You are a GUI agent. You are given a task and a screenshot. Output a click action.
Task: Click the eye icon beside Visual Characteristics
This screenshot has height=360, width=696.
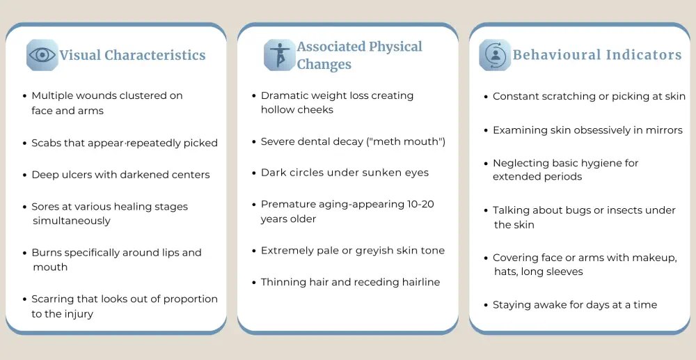[42, 55]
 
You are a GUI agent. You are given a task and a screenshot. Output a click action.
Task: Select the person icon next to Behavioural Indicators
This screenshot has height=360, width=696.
[495, 55]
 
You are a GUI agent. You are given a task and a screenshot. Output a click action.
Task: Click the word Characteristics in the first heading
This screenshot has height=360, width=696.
[155, 55]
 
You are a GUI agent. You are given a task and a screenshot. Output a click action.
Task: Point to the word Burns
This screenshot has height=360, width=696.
[45, 253]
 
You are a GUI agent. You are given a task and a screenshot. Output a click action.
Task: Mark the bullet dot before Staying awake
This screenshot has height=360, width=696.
[486, 306]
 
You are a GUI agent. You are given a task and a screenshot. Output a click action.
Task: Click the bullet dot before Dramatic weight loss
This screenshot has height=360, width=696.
[254, 96]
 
